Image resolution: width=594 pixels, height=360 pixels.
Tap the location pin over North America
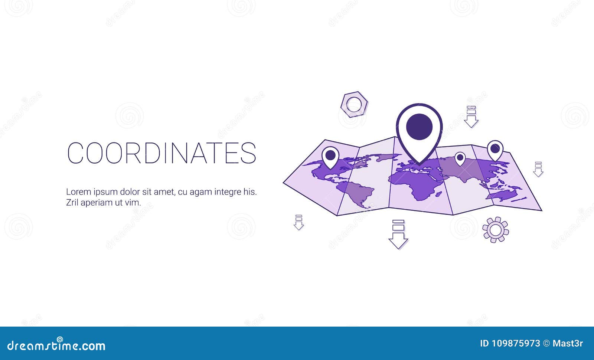tap(330, 156)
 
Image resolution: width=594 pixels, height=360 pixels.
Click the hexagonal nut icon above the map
tap(354, 104)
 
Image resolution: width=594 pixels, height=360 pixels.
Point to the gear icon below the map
tap(496, 230)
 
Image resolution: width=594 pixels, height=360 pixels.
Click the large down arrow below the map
tap(398, 234)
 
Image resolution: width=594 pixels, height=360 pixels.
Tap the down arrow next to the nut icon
tap(471, 117)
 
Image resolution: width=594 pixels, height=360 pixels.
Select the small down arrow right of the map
tap(538, 169)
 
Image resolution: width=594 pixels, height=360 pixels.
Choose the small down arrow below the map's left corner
tap(298, 222)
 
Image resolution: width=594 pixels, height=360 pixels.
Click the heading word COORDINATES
tap(162, 153)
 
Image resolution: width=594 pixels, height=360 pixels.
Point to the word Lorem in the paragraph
tap(78, 192)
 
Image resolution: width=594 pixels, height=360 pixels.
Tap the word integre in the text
tap(226, 192)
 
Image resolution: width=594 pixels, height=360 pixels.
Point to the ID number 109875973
tap(510, 343)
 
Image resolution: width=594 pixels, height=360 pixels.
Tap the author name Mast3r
tap(568, 343)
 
